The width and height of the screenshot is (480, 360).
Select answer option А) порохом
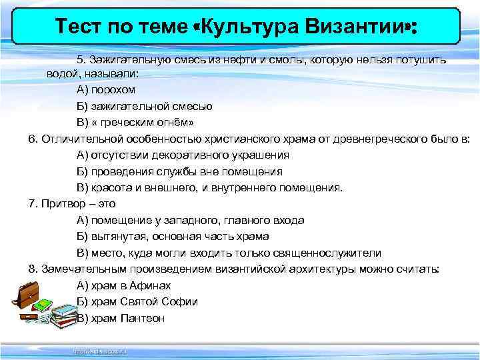pyautogui.click(x=106, y=89)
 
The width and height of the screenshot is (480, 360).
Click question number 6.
pyautogui.click(x=33, y=139)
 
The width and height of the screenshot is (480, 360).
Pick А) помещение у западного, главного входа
pyautogui.click(x=191, y=220)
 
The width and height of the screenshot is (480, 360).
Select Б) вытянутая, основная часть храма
pyautogui.click(x=173, y=236)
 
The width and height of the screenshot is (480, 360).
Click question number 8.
pyautogui.click(x=33, y=269)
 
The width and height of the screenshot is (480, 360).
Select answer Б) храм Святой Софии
pyautogui.click(x=137, y=301)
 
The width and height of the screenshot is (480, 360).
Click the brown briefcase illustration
pyautogui.click(x=29, y=294)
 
